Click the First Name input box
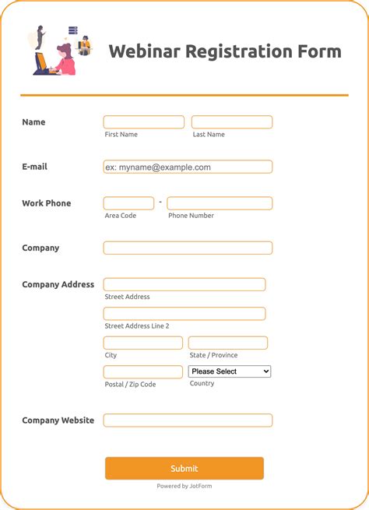(x=143, y=122)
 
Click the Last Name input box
(x=232, y=122)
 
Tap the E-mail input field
(x=188, y=167)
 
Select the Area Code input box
(x=128, y=203)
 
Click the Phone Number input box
(x=220, y=203)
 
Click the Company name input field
(x=188, y=248)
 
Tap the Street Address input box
(x=184, y=285)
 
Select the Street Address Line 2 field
(x=184, y=314)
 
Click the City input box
(x=143, y=343)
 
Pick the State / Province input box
(x=228, y=343)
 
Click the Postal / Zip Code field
(x=143, y=372)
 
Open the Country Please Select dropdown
(x=230, y=371)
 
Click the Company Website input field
(x=188, y=420)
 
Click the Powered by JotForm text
(x=184, y=486)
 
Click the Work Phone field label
(x=46, y=203)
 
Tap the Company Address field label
(x=58, y=285)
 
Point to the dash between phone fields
(x=160, y=202)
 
